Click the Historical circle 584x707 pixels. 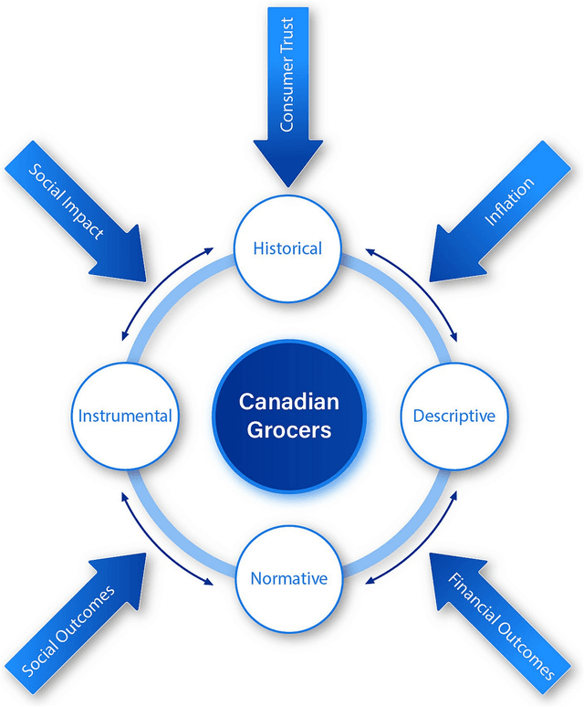pyautogui.click(x=288, y=248)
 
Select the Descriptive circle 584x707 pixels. pyautogui.click(x=454, y=417)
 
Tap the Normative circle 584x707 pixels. pyautogui.click(x=288, y=578)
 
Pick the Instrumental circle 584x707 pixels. pyautogui.click(x=125, y=417)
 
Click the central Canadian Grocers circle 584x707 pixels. pyautogui.click(x=289, y=415)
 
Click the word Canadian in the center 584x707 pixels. pyautogui.click(x=289, y=401)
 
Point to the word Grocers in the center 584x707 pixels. pyautogui.click(x=289, y=429)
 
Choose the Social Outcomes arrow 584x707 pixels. pyautogui.click(x=82, y=621)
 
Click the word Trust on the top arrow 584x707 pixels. pyautogui.click(x=287, y=37)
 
